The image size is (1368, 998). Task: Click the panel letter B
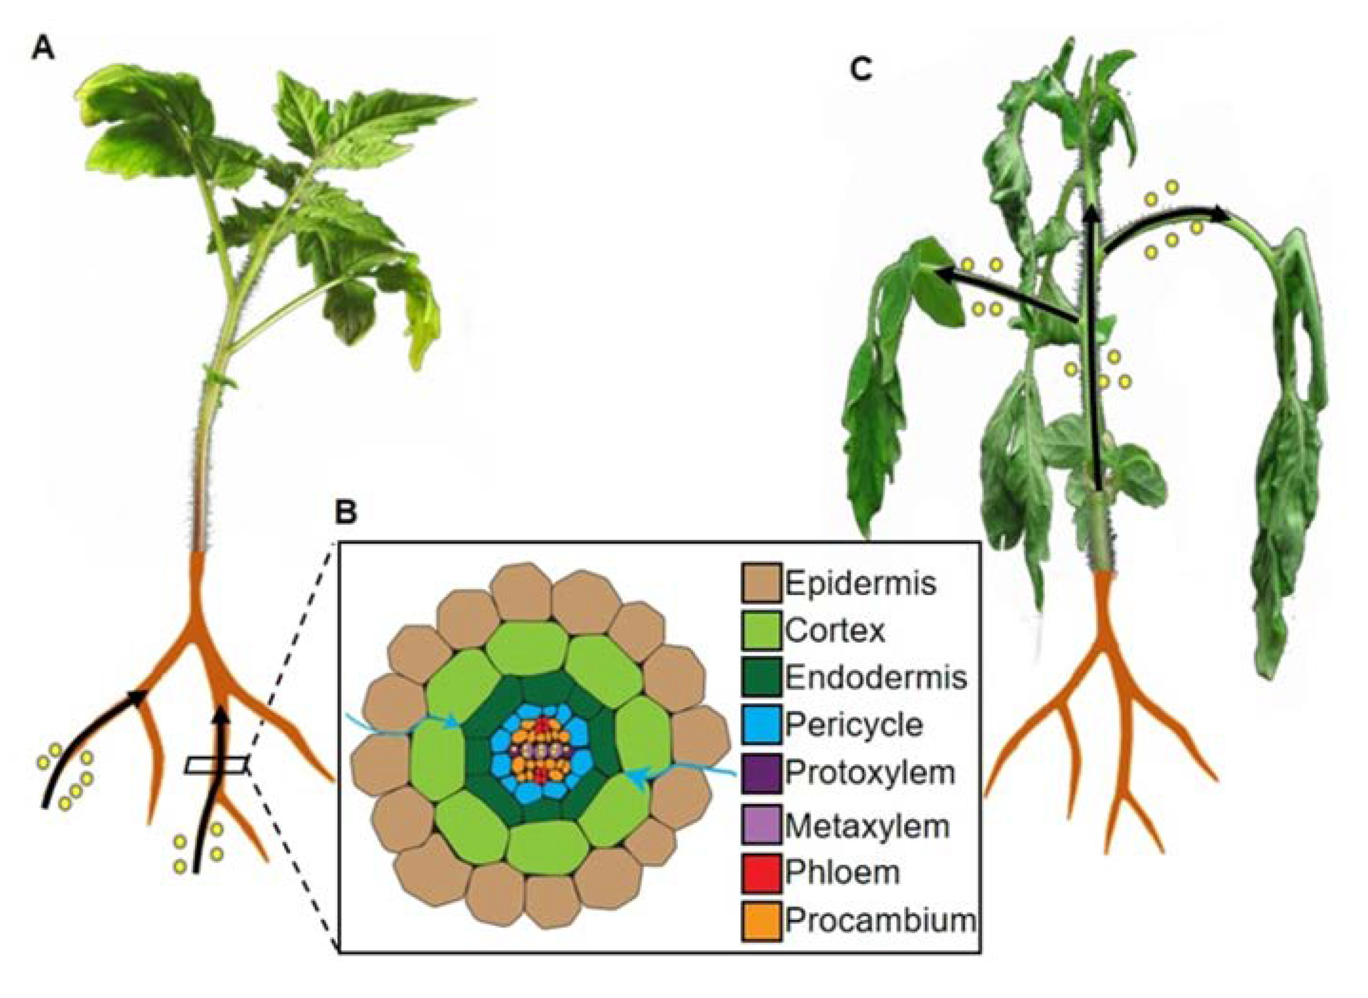click(346, 512)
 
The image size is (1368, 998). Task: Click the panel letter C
click(861, 69)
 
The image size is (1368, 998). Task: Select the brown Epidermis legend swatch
click(761, 582)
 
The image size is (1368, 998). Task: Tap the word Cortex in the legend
click(835, 630)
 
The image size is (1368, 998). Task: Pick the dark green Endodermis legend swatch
click(761, 677)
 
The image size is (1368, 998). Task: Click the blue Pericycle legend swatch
click(761, 724)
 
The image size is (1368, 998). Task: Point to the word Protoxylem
click(870, 772)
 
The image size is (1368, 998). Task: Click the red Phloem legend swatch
click(761, 872)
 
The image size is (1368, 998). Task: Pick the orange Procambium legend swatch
click(761, 920)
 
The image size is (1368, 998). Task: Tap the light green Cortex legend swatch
click(761, 630)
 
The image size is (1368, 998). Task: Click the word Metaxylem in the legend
click(867, 825)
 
